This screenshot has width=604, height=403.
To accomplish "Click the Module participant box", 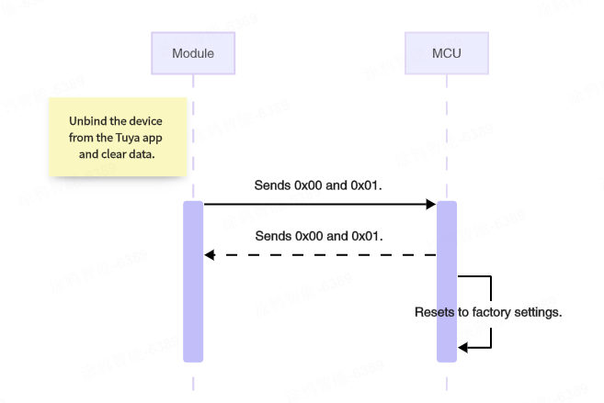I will (x=192, y=53).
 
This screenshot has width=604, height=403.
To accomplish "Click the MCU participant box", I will (x=446, y=53).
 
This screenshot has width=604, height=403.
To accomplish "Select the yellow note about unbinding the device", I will (x=119, y=138).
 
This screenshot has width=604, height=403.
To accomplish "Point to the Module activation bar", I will (x=192, y=281).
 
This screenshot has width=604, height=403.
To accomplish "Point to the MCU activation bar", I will (x=446, y=281).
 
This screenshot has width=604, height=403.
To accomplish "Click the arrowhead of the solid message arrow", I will (x=430, y=204).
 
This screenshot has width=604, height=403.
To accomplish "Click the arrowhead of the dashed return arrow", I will (x=209, y=254).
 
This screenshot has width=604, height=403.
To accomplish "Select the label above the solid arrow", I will (x=318, y=185).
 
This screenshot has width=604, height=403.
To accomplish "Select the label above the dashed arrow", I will (x=318, y=236).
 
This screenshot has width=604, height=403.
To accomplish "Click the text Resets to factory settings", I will (x=487, y=312).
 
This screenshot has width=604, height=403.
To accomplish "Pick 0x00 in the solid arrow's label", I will (x=311, y=185).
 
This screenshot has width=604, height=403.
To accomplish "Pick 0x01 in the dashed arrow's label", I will (x=365, y=236).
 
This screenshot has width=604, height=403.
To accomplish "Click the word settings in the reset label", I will (x=540, y=312).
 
